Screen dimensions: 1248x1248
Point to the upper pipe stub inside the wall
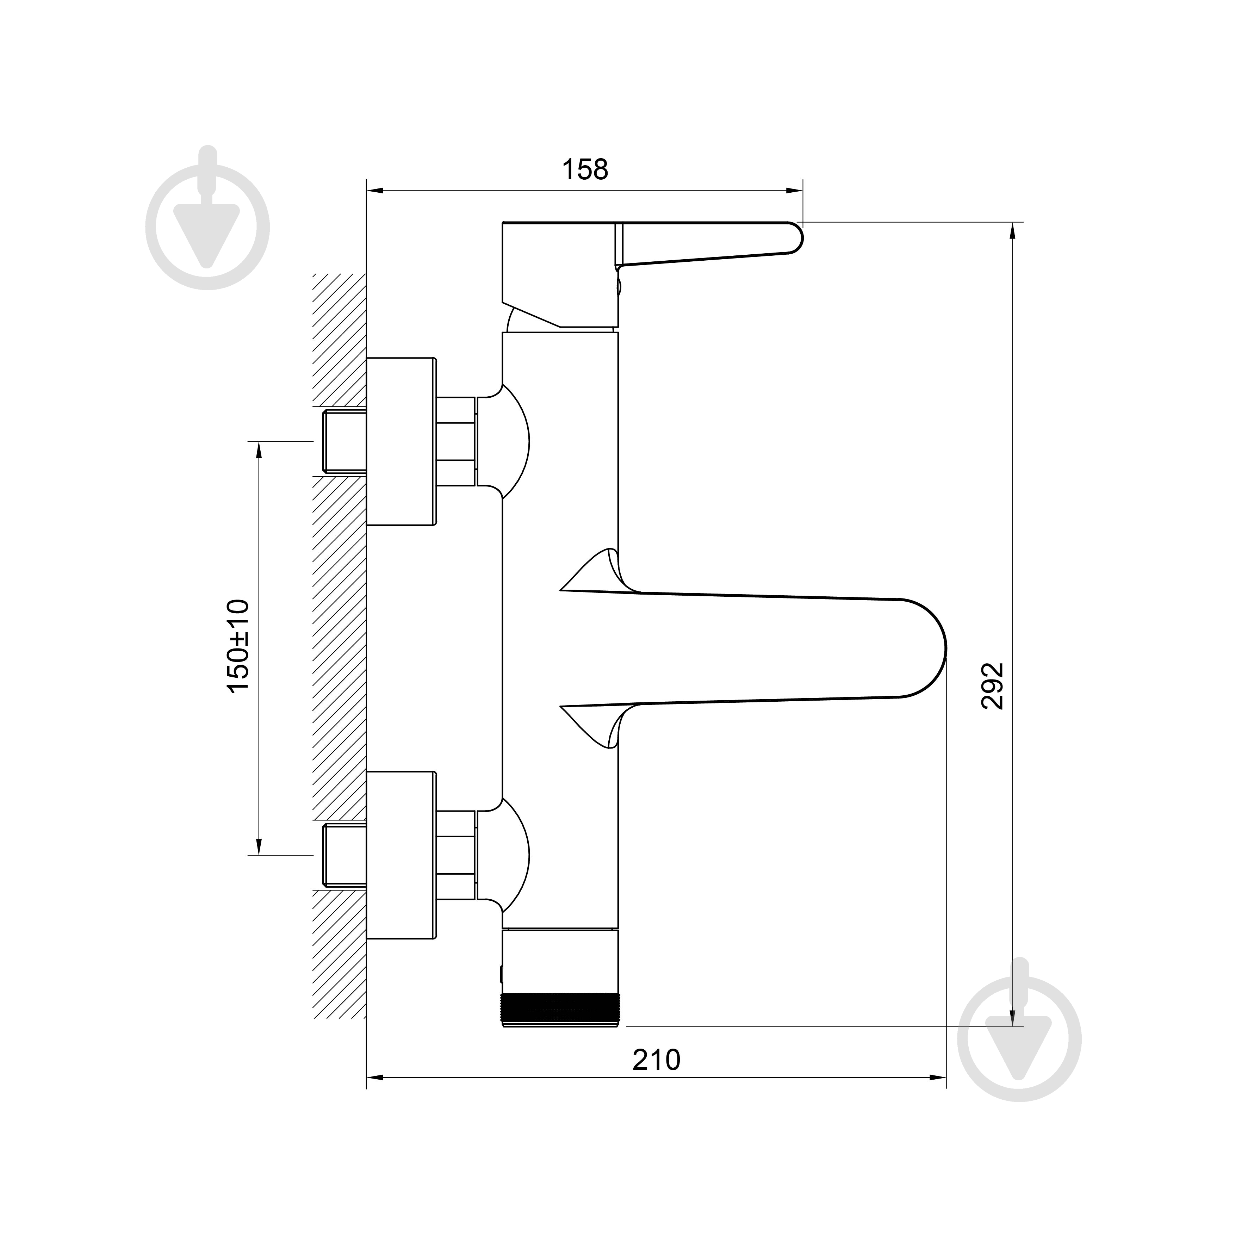point(344,442)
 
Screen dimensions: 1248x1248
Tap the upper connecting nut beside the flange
point(457,442)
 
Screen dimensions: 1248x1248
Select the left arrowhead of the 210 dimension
point(375,1078)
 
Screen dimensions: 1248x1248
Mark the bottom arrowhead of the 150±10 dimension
point(259,846)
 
